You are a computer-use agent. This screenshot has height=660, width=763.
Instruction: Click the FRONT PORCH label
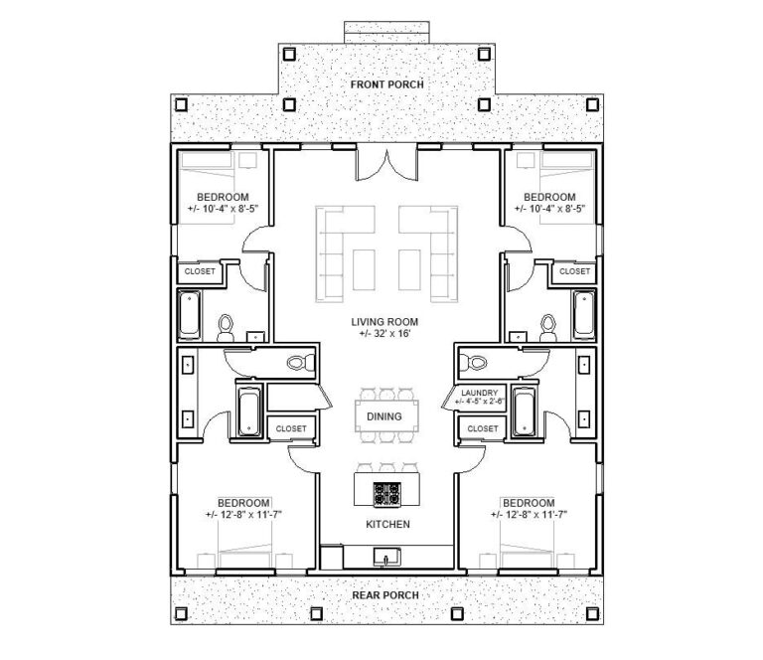click(x=386, y=84)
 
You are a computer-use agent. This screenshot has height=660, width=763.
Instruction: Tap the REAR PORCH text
click(x=384, y=594)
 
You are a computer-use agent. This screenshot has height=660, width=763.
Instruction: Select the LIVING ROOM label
click(x=383, y=322)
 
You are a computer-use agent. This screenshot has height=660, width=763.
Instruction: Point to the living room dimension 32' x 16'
click(x=383, y=335)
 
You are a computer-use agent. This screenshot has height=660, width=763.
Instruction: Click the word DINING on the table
click(x=383, y=416)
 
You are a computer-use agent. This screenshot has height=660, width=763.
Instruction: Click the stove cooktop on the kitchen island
click(x=385, y=492)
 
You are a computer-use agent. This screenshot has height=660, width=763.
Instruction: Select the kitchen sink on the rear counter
click(x=385, y=555)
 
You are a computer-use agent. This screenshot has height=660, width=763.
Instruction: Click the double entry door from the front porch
click(x=384, y=162)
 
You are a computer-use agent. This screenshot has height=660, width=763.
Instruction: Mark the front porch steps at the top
click(x=385, y=32)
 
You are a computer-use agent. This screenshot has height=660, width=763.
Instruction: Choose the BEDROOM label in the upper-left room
click(x=222, y=197)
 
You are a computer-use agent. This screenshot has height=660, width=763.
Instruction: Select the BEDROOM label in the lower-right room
click(x=528, y=502)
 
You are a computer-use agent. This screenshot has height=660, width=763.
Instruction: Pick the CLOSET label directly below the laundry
click(x=482, y=428)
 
